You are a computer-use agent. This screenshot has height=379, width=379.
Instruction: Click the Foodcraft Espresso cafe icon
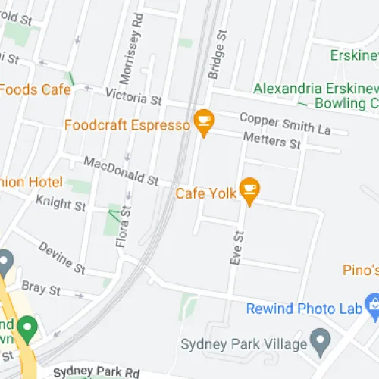pyautogui.click(x=202, y=119)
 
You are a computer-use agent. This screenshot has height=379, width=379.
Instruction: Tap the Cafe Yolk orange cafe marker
pyautogui.click(x=249, y=187)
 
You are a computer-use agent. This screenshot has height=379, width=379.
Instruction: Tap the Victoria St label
pyautogui.click(x=134, y=98)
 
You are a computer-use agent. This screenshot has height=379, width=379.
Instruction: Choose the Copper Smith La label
pyautogui.click(x=285, y=124)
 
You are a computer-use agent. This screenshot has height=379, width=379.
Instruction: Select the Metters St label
pyautogui.click(x=271, y=140)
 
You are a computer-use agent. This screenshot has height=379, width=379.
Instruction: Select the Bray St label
pyautogui.click(x=41, y=289)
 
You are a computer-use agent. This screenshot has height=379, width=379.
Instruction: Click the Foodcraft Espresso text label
pyautogui.click(x=127, y=124)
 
